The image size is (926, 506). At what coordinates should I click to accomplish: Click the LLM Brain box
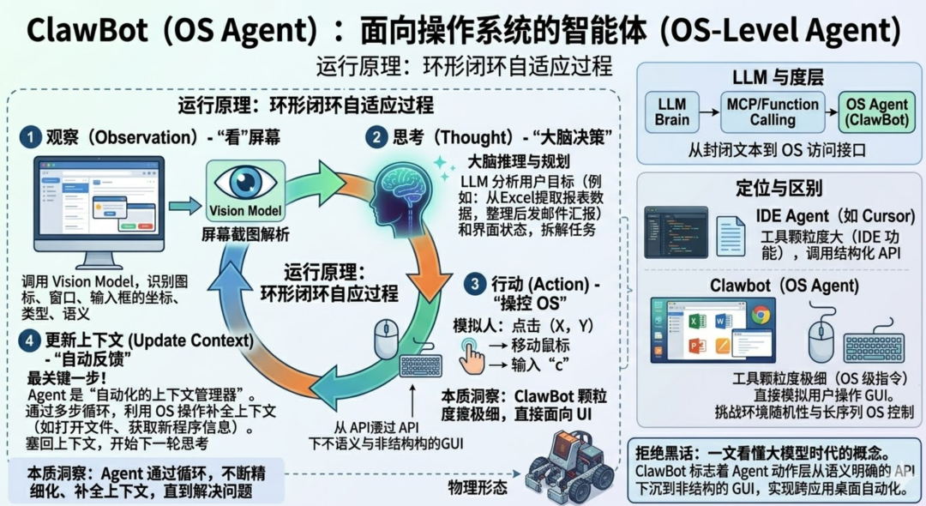pyautogui.click(x=671, y=111)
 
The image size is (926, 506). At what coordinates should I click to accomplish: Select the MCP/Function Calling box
pyautogui.click(x=773, y=111)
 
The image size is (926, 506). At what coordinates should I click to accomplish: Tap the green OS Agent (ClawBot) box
pyautogui.click(x=876, y=112)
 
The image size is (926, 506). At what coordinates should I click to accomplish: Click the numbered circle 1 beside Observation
pyautogui.click(x=32, y=137)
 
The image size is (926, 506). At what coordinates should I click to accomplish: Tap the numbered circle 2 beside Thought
pyautogui.click(x=376, y=136)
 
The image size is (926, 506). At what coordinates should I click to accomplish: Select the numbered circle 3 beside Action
pyautogui.click(x=473, y=283)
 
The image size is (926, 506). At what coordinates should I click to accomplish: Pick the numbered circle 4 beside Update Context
pyautogui.click(x=32, y=341)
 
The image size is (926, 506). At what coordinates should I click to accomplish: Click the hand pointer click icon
pyautogui.click(x=471, y=354)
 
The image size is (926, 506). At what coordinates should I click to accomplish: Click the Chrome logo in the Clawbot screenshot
pyautogui.click(x=760, y=315)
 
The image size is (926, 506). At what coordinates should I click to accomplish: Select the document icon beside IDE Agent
pyautogui.click(x=731, y=235)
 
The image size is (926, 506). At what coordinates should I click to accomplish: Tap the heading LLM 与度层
pyautogui.click(x=777, y=78)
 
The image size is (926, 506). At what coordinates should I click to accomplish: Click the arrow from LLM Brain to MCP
pyautogui.click(x=708, y=111)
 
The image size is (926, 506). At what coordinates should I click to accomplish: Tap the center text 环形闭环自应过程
pyautogui.click(x=329, y=293)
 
